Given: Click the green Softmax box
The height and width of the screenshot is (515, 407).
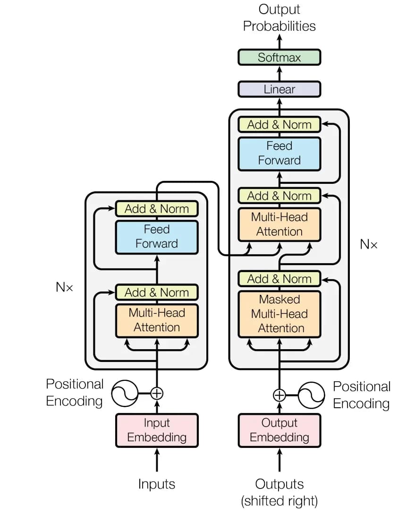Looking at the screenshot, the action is [x=279, y=58].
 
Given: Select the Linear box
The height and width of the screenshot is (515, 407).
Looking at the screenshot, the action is [x=279, y=89].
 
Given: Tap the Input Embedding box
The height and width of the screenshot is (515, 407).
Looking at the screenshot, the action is [x=157, y=430].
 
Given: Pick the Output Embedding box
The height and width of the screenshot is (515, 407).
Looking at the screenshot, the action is [x=280, y=430].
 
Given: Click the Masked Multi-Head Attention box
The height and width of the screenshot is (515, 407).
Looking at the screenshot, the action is [x=280, y=314].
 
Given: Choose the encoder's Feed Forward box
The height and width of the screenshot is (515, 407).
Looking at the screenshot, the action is [x=157, y=237].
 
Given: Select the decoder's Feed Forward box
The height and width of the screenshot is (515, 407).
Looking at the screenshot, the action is [x=280, y=154].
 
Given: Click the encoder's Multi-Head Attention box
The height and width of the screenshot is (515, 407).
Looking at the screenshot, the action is [x=157, y=320].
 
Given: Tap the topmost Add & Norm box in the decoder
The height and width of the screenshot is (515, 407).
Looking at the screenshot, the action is [x=280, y=125].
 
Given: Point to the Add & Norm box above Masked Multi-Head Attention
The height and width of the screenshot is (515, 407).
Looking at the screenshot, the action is [x=280, y=279].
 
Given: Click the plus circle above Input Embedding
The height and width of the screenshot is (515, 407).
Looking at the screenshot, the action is [x=157, y=393].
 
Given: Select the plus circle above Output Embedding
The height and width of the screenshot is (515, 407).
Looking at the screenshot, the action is [x=280, y=395].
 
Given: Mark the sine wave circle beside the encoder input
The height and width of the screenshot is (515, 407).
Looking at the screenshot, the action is [x=125, y=393].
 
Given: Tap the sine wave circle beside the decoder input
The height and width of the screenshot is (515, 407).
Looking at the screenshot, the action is [x=312, y=395].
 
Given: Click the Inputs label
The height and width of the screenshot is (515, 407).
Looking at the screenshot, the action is [x=157, y=484].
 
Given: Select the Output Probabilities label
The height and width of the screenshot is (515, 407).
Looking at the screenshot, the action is [x=280, y=18].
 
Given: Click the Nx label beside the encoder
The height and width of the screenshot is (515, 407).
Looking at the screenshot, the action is [x=64, y=287].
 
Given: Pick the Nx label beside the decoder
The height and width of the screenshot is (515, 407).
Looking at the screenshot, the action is [x=369, y=244].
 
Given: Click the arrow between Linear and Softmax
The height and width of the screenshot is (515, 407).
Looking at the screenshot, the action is [x=280, y=73].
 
